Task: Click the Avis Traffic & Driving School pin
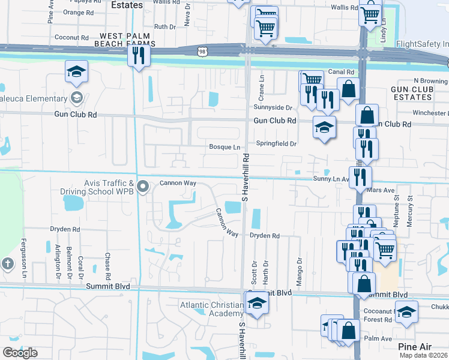coord(143,188)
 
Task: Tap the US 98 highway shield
coord(202,53)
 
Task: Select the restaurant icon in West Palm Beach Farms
coord(138,56)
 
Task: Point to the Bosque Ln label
coord(224,147)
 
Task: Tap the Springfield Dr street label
coord(277,144)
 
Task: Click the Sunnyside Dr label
coord(272,107)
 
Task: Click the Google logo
coord(20,353)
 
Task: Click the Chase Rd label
coord(107,266)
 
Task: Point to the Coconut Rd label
coord(71,37)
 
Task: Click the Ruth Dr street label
coord(164,27)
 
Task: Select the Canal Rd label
coord(343,72)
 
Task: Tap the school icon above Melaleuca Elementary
coord(77,72)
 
